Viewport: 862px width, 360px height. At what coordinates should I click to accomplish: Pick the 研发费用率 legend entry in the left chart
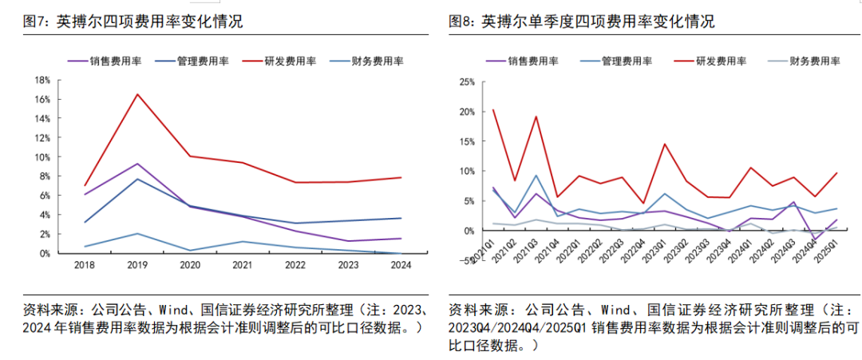(290, 61)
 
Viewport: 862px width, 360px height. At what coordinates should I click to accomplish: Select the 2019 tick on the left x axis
(137, 264)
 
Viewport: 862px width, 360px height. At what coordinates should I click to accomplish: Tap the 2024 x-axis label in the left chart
(401, 264)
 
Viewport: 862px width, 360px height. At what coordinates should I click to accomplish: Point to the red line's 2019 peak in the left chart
(137, 94)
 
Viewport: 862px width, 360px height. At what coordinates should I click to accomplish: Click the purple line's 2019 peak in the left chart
(137, 164)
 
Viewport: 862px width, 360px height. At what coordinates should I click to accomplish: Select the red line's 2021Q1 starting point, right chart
(493, 110)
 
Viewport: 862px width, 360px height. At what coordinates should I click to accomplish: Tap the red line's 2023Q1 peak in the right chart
(665, 144)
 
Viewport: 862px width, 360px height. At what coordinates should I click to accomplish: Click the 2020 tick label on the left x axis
(190, 264)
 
